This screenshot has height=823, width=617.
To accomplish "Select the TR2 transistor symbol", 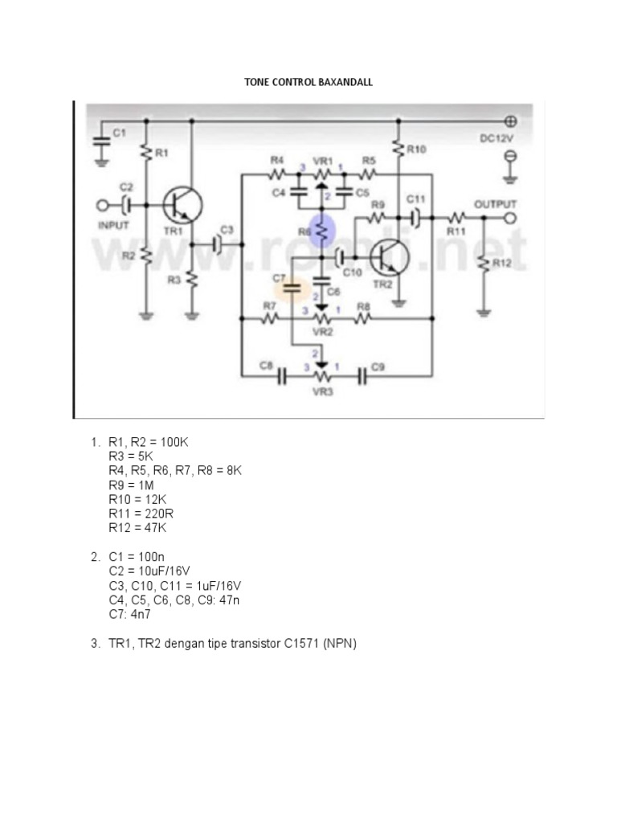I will point(390,259).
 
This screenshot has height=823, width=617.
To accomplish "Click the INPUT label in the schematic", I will point(113,226).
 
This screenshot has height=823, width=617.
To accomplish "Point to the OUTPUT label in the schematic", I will point(496,204).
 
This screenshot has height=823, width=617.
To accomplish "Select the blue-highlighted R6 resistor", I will point(321,231).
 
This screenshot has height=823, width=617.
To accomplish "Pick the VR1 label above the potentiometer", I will point(323,160).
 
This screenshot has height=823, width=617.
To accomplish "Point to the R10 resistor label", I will point(417,149).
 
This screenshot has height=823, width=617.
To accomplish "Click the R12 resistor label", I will point(501,263).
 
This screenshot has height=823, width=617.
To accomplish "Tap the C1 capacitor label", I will point(119,134).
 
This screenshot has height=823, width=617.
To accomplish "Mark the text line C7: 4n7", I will point(130,614).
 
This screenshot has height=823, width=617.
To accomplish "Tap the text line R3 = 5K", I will point(131,456).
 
